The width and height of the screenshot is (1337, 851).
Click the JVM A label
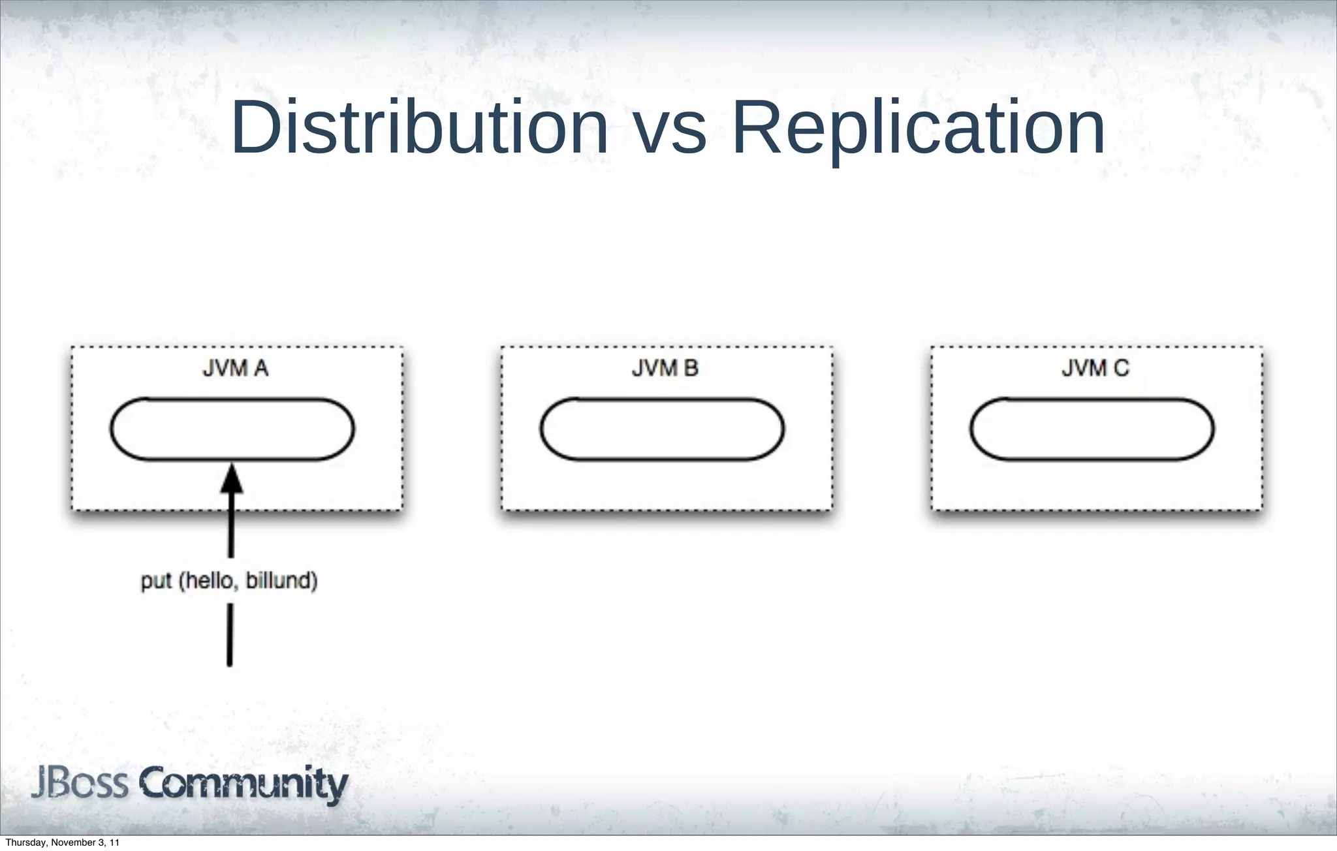pyautogui.click(x=236, y=369)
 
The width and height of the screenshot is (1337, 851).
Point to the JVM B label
pyautogui.click(x=665, y=369)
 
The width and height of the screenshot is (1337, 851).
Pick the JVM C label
pyautogui.click(x=1095, y=369)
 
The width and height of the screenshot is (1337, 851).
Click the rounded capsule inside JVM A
pyautogui.click(x=232, y=429)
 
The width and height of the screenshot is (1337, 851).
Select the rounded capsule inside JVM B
pyautogui.click(x=662, y=429)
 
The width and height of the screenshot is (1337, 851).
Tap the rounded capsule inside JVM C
pyautogui.click(x=1092, y=429)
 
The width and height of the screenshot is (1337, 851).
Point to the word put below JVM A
pyautogui.click(x=156, y=580)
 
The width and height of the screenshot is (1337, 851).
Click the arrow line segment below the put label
pyautogui.click(x=230, y=634)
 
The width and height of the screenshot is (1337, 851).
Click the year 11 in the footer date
pyautogui.click(x=115, y=843)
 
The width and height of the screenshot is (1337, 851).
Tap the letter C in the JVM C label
pyautogui.click(x=1121, y=369)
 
